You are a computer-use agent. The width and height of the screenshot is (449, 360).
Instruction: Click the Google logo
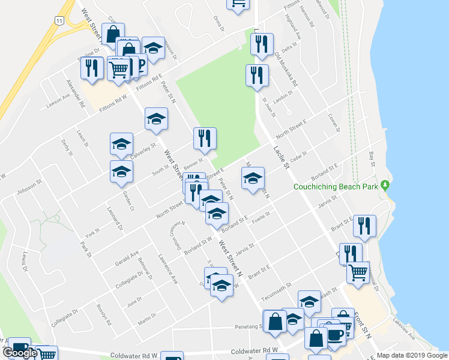point(19,353)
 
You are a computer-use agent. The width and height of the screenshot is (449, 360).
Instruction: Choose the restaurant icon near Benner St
point(205,138)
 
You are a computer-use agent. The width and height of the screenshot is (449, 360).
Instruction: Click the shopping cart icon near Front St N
point(358,271)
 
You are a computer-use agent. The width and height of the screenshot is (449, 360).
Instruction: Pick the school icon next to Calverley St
point(121,144)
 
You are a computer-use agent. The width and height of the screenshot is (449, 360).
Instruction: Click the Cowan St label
point(334,122)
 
